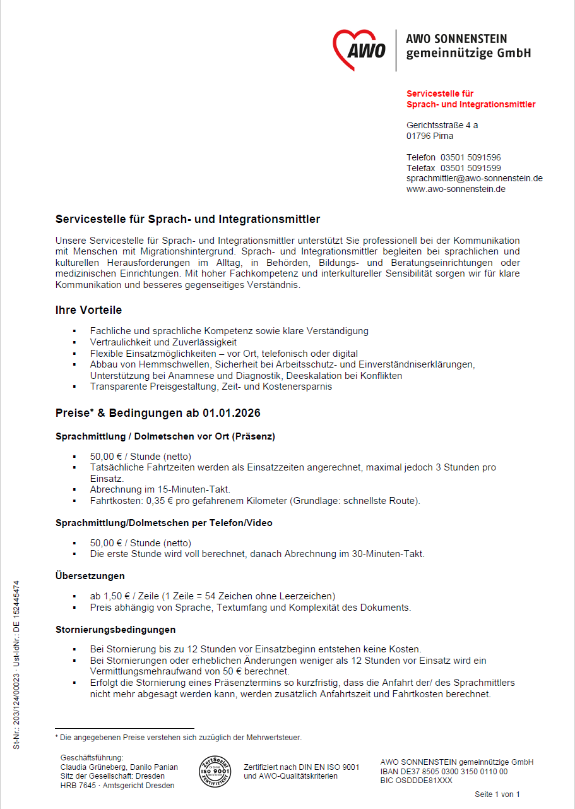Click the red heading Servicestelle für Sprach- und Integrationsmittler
[x=470, y=99]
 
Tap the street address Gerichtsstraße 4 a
[x=442, y=125]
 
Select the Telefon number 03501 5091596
[x=470, y=157]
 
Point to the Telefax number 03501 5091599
[x=470, y=168]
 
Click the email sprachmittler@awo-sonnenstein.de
[x=474, y=178]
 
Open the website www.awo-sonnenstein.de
[x=455, y=189]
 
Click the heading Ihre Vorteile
[x=88, y=310]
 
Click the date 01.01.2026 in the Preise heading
[x=231, y=413]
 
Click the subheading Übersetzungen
[x=90, y=576]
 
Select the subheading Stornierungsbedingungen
[x=116, y=630]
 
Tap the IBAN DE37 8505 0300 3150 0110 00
[x=444, y=772]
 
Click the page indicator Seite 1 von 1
[x=497, y=794]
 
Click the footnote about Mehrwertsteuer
[x=179, y=737]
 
